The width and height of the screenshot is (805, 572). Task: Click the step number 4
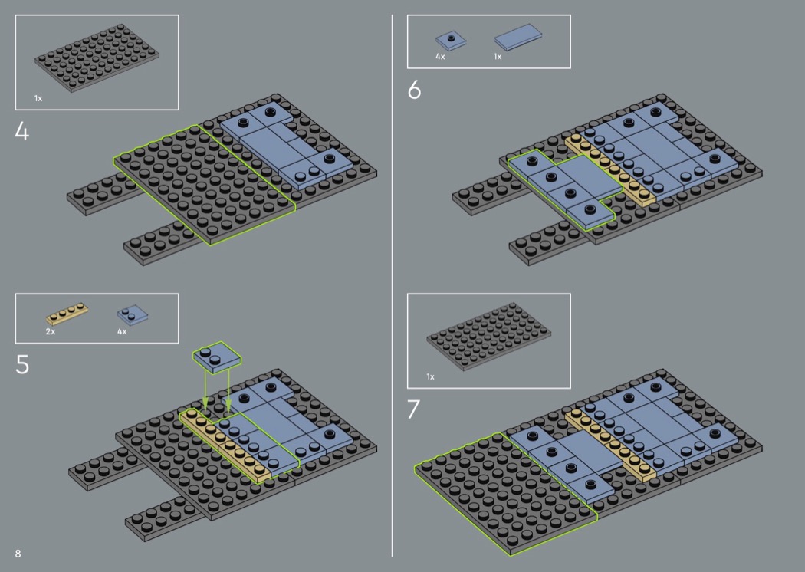(22, 131)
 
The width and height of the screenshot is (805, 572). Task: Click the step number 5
(22, 364)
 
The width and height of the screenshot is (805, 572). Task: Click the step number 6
(414, 90)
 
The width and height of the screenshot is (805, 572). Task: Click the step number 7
(414, 409)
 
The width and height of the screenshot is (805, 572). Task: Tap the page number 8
(18, 554)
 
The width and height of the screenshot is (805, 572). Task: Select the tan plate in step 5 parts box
(67, 314)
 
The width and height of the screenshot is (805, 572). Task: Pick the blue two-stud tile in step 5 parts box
(133, 314)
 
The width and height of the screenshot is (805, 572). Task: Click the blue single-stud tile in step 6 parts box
(451, 41)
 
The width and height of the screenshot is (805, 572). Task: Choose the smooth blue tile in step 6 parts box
(517, 38)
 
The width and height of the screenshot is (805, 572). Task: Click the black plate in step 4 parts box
(97, 58)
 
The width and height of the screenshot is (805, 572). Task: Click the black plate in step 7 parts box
(489, 337)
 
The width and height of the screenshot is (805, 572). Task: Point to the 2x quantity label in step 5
(51, 332)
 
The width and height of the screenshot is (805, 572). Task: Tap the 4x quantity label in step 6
(440, 57)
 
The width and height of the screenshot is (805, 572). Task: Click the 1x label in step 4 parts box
(38, 98)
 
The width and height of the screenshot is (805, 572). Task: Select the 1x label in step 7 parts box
(430, 377)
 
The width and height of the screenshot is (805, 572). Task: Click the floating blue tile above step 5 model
(217, 357)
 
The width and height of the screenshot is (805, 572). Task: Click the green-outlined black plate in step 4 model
(205, 186)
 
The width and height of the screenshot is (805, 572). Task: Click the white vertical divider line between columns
(393, 285)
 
